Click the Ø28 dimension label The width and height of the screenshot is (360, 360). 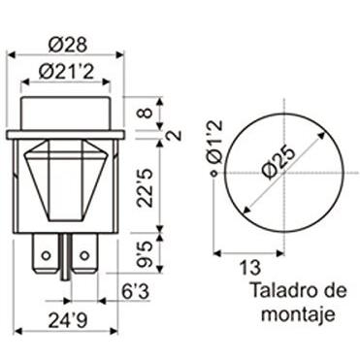click(x=68, y=45)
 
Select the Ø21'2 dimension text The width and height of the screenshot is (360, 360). click(x=66, y=72)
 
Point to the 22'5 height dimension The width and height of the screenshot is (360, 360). click(x=145, y=188)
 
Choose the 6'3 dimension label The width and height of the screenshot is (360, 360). click(x=136, y=292)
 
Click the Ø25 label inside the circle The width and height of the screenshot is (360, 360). click(x=278, y=163)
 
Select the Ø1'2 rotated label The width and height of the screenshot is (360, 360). click(x=214, y=142)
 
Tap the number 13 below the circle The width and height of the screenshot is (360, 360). click(x=249, y=268)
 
